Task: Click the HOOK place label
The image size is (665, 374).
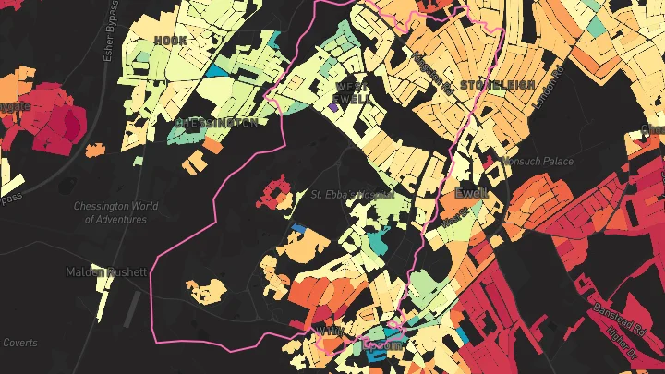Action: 170,41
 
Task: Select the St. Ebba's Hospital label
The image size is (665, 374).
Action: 352,195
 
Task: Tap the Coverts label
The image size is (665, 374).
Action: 19,343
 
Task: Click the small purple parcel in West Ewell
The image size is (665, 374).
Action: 332,107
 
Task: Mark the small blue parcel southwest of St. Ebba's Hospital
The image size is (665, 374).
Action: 298,227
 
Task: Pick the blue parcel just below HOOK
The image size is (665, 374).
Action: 214,70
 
